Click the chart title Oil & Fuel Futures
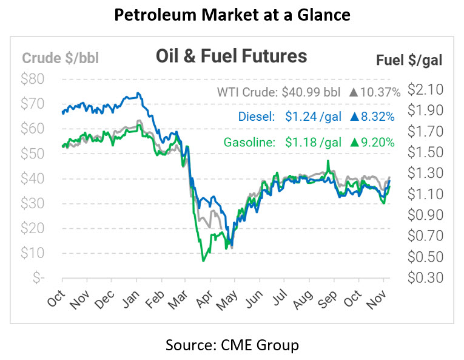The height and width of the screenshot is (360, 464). [x=232, y=56]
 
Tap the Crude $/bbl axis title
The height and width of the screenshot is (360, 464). [x=60, y=58]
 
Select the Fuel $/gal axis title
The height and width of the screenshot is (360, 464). [x=409, y=59]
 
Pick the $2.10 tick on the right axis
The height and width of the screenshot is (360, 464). [x=425, y=90]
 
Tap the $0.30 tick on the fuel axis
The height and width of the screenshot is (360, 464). [x=425, y=277]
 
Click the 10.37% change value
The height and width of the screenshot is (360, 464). [x=380, y=93]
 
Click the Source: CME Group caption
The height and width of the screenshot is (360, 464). [x=232, y=345]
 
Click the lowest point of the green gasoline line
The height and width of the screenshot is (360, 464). [x=203, y=260]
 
